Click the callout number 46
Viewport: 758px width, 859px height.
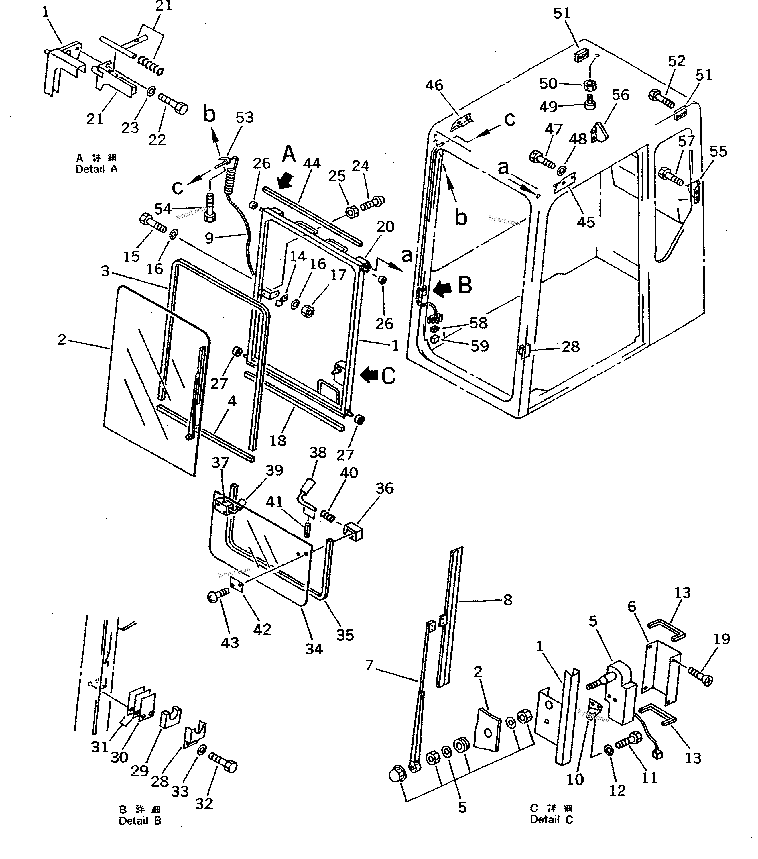(x=434, y=85)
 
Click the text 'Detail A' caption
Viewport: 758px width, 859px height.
(x=96, y=169)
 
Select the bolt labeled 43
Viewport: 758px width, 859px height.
(x=218, y=595)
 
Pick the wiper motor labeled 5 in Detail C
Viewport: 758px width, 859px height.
(x=617, y=689)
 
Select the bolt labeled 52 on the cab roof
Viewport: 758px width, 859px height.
(x=661, y=98)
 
